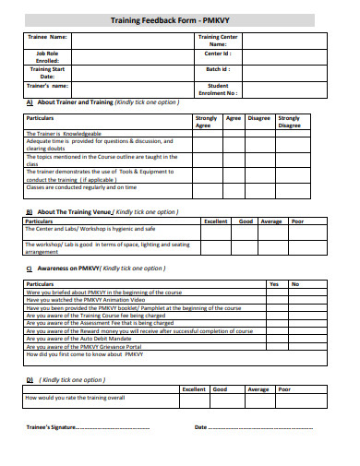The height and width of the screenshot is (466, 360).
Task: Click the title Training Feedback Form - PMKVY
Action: [180, 18]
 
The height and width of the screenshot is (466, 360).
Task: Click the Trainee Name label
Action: [46, 37]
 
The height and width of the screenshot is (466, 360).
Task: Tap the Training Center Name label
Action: [218, 41]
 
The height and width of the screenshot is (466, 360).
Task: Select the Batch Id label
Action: [218, 68]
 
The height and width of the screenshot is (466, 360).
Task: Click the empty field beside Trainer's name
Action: [129, 86]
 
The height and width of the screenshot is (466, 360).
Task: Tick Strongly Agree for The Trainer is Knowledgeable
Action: [207, 134]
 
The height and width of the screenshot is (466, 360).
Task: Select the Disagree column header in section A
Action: [259, 118]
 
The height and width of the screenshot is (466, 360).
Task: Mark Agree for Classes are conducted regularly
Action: [234, 186]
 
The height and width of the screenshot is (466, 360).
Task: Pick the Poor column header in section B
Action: [297, 221]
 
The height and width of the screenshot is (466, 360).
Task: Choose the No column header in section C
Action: [295, 283]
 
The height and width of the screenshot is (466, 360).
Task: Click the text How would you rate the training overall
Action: [75, 398]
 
